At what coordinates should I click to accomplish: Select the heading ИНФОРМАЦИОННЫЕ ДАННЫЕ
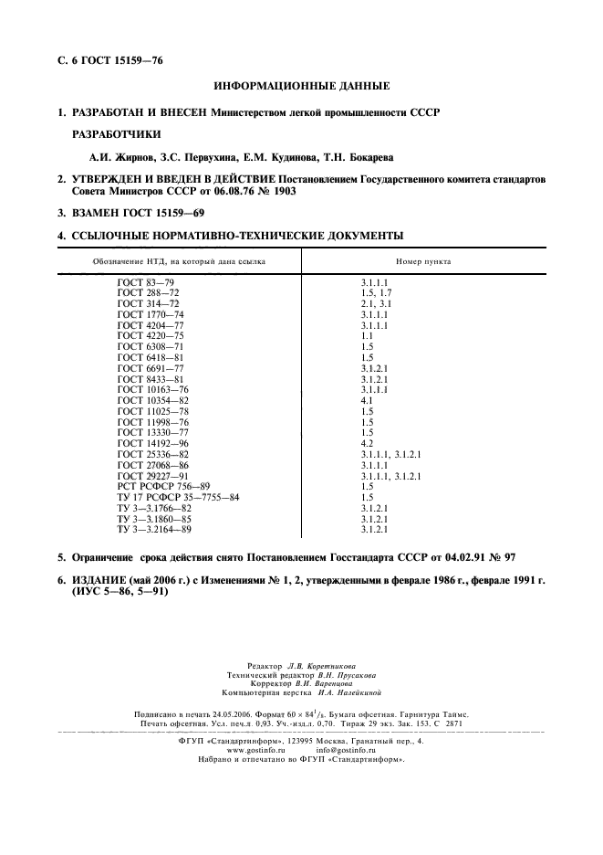301,87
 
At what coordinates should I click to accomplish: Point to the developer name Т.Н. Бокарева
368,157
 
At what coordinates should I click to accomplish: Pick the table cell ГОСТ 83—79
146,284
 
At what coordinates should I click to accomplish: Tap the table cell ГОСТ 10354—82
153,400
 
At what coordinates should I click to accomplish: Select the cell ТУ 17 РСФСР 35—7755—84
178,497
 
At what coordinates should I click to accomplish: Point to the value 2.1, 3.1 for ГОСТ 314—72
376,303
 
